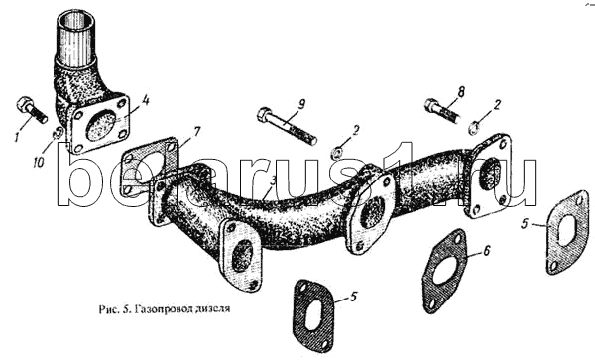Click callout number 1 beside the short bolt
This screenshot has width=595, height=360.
pos(17,137)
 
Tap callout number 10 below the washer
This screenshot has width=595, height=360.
pos(39,162)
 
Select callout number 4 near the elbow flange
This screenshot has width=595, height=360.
pos(146,101)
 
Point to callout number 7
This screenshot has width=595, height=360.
pos(196,132)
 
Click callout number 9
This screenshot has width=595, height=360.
pos(300,105)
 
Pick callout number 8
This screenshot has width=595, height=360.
pos(461,91)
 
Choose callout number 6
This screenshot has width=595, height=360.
pos(487,250)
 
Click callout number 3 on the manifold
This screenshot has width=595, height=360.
pos(273,180)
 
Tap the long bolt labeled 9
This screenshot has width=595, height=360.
pos(287,126)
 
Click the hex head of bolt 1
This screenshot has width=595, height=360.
pos(23,103)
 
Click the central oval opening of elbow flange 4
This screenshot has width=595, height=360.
pos(101,124)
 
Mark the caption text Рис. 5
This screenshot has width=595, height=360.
pos(114,309)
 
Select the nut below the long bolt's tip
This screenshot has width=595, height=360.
pos(337,152)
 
